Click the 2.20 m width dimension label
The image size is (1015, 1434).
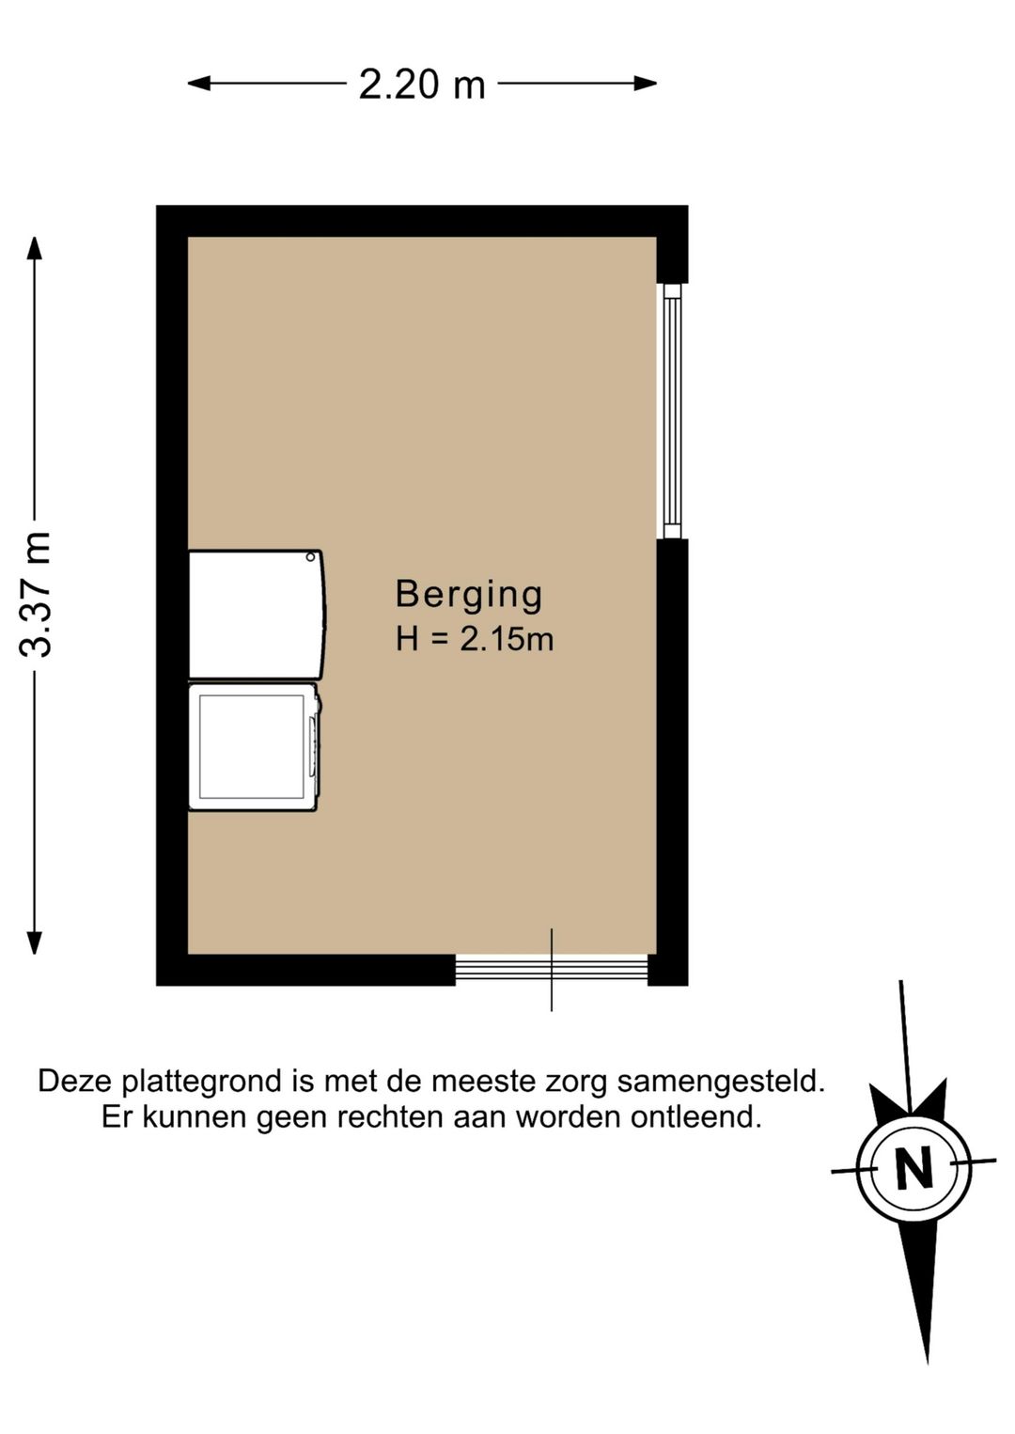coord(422,85)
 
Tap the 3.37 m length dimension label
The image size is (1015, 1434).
coord(37,593)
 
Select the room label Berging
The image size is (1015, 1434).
coord(469,594)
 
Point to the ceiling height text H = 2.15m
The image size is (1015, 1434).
coord(475,639)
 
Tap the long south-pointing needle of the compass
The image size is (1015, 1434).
coord(920,1287)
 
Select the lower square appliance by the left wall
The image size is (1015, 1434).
coord(252,746)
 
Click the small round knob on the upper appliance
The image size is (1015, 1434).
coord(310,557)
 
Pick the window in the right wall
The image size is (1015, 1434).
coord(671,412)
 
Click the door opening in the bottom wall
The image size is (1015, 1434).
coord(552,969)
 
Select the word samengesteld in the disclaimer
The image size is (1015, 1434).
coord(721,1081)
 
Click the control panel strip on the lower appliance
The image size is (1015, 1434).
coord(313,746)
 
